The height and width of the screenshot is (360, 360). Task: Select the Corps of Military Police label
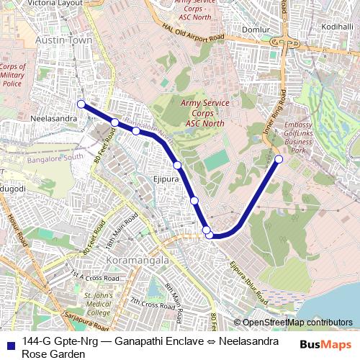coord(14,75)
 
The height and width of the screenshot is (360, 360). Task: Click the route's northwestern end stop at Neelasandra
coord(81,104)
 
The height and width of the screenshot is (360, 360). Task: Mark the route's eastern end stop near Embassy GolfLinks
coord(279,159)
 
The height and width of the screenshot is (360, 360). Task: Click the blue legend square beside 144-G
coord(9,341)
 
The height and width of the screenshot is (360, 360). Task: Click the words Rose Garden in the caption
coord(53,354)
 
